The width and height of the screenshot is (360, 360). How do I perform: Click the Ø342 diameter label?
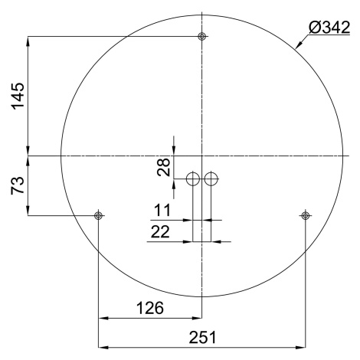pos(329,28)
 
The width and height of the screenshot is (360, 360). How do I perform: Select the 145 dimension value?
pos(18,96)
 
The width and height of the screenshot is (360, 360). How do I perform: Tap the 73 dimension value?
pos(18,185)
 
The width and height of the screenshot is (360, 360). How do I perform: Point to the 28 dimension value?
pos(164,167)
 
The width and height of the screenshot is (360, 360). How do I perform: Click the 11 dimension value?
pos(162,210)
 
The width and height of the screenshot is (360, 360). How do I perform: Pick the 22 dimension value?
pos(160,232)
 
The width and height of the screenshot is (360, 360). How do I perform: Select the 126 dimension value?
pos(150,308)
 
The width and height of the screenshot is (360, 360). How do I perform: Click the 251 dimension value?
pos(202,337)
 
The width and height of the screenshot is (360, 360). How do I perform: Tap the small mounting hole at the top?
pos(202,37)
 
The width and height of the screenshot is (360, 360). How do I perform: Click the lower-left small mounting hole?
pos(98,216)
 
